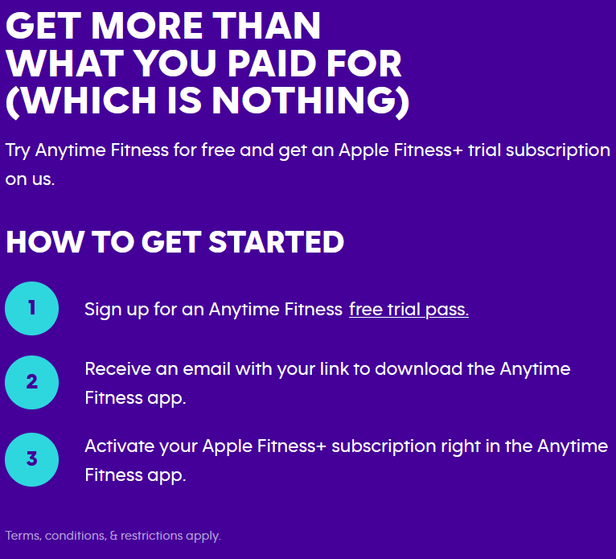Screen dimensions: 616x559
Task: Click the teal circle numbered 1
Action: click(32, 308)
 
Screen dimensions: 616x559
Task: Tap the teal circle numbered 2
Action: click(32, 382)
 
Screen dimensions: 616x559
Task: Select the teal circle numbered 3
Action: click(32, 459)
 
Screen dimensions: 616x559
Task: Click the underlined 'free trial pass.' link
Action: click(409, 310)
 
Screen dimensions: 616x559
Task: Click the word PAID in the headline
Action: click(273, 64)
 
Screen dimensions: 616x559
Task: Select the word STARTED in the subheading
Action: click(276, 241)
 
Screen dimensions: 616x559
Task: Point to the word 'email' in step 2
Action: click(207, 369)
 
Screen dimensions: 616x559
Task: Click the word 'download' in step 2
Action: click(418, 369)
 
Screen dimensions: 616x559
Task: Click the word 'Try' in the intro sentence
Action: click(18, 151)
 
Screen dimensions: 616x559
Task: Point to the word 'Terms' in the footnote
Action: click(23, 536)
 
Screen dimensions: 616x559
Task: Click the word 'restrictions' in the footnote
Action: click(152, 536)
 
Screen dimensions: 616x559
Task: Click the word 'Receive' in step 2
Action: click(118, 369)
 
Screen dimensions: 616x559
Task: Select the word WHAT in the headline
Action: click(65, 64)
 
